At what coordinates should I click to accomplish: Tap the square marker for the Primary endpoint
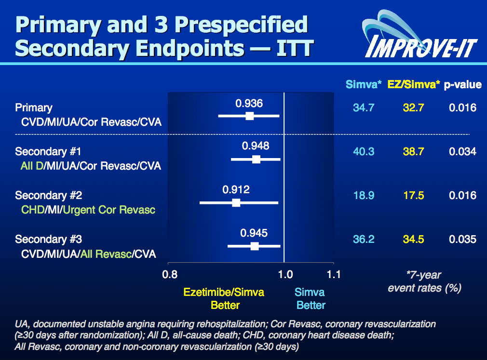tap(249, 116)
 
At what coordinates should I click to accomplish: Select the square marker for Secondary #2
tap(236, 202)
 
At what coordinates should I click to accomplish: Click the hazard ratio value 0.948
tap(256, 146)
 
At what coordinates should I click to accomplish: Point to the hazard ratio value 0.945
tap(254, 234)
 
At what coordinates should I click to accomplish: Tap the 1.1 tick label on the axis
tap(334, 275)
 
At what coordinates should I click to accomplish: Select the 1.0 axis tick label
tap(285, 275)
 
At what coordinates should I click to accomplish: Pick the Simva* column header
tap(364, 85)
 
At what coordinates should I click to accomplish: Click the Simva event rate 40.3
tap(363, 152)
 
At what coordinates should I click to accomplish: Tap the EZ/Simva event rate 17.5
tap(414, 196)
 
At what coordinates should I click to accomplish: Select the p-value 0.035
tap(462, 240)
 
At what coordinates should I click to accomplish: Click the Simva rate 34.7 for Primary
tap(363, 108)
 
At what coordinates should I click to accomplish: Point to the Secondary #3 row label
tap(48, 240)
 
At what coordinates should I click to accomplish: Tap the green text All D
tap(32, 166)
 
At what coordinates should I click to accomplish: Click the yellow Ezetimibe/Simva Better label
tap(224, 298)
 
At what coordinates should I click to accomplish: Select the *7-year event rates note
tap(424, 281)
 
